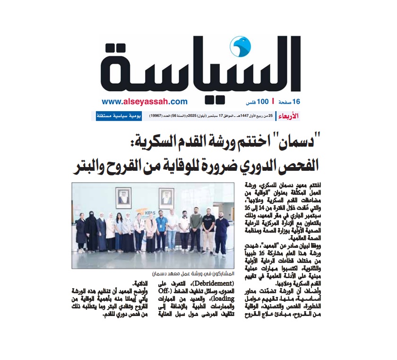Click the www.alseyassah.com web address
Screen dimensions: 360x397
click(x=145, y=101)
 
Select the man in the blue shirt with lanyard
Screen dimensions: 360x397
click(x=161, y=232)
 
